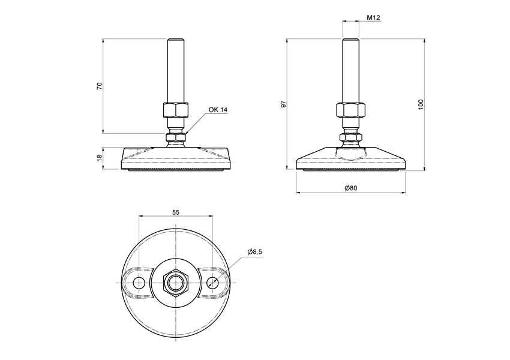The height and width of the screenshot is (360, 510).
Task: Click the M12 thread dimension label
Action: click(374, 17)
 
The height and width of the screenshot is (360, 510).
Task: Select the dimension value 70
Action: click(100, 86)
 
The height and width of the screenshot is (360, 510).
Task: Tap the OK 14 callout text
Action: click(218, 110)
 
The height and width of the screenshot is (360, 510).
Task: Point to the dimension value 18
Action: click(100, 158)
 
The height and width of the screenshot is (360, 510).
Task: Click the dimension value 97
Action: click(284, 104)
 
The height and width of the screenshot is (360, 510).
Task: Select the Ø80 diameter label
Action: click(351, 188)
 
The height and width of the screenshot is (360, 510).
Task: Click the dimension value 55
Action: click(176, 212)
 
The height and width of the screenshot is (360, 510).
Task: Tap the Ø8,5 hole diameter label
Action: click(254, 252)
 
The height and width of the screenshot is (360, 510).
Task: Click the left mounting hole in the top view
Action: click(139, 283)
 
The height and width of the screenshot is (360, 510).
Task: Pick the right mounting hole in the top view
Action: click(212, 283)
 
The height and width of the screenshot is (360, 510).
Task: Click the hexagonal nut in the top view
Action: click(176, 283)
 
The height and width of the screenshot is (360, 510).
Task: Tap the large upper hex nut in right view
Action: click(351, 111)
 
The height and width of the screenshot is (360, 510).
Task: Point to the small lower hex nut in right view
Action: click(351, 138)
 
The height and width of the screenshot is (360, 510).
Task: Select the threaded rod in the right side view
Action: click(351, 69)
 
